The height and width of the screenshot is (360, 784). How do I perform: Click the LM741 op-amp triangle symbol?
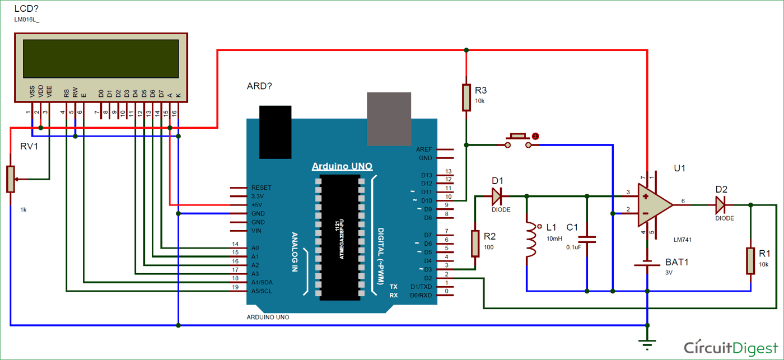[654, 205]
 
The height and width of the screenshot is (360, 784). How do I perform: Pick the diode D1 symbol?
[496, 197]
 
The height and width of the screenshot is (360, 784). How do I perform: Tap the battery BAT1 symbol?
[647, 263]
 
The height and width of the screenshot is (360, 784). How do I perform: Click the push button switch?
[519, 141]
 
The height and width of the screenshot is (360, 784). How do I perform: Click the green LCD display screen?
[101, 58]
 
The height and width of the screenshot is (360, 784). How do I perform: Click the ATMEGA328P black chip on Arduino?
[339, 237]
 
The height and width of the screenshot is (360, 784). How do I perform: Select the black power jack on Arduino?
[276, 132]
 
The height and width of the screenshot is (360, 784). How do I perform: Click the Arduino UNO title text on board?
[342, 166]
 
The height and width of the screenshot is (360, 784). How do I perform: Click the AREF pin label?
[424, 149]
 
